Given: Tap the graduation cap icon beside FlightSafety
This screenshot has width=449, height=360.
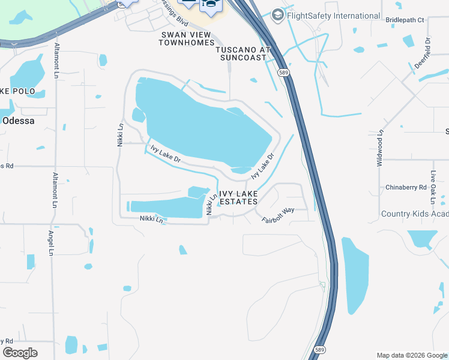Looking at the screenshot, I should click(278, 14).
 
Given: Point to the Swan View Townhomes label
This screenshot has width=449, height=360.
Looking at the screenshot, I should click(187, 39).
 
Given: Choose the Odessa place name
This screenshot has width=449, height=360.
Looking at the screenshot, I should click(19, 120).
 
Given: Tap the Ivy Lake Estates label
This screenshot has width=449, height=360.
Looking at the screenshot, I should click(238, 197).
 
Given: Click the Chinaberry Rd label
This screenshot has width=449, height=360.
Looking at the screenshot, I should click(406, 187).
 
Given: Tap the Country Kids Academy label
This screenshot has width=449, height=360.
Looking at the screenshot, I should click(415, 214).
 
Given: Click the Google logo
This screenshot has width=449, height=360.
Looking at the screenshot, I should click(20, 352).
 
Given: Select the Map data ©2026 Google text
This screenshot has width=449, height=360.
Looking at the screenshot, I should click(411, 355).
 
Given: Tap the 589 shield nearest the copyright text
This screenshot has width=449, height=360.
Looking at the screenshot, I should click(321, 350).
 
